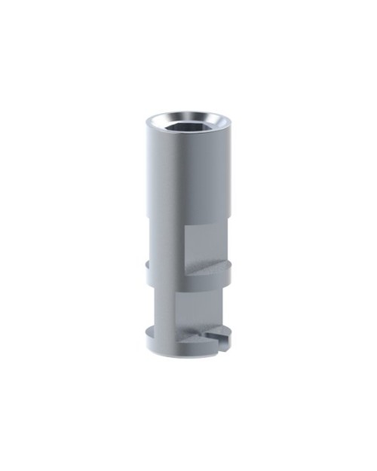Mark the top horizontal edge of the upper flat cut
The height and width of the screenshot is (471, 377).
tap(207, 225)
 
